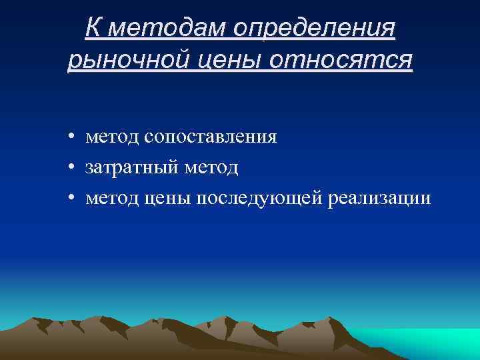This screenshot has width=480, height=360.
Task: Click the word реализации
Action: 379,198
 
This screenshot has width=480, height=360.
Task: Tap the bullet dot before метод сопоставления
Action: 70,137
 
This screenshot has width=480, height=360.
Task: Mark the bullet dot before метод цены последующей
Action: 70,199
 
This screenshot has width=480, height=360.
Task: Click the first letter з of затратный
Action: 89,168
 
